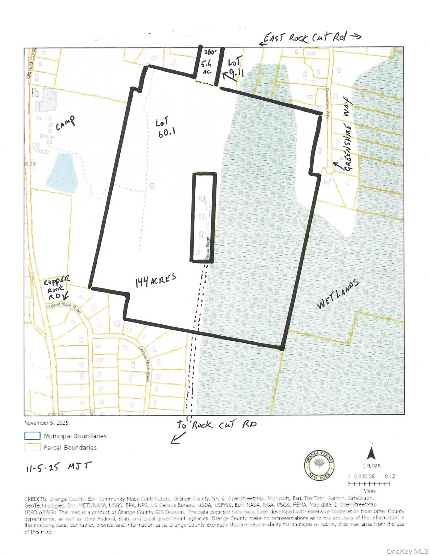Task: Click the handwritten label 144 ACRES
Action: tap(156, 280)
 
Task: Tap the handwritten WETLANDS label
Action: tap(338, 294)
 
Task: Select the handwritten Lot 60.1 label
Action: tap(166, 127)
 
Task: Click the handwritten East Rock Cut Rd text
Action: tap(305, 37)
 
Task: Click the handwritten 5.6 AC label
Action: tap(206, 67)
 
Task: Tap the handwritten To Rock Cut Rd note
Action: tap(217, 425)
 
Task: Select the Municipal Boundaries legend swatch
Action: tap(32, 435)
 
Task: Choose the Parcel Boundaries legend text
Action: tap(70, 447)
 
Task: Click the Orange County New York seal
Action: tap(319, 466)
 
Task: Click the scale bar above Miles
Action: tap(369, 484)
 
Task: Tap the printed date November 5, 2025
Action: tap(46, 423)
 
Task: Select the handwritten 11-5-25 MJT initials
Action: tap(59, 467)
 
